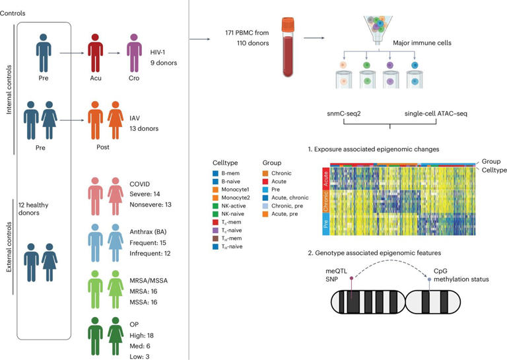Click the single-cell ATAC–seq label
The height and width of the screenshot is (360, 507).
[x=436, y=114]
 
